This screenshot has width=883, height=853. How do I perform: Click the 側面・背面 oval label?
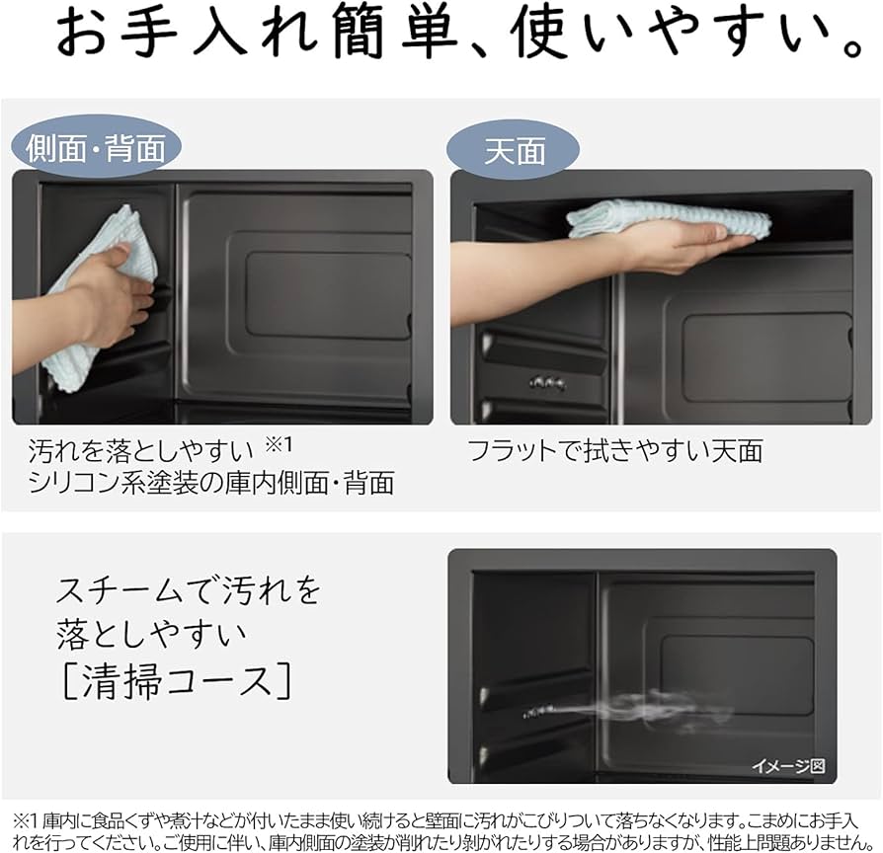point(96,148)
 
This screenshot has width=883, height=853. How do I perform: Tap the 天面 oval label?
point(514,150)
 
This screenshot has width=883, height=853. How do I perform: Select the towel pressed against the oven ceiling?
point(667,218)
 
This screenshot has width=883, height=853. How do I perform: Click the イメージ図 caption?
point(787,766)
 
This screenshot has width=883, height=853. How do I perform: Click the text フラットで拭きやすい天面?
point(615,451)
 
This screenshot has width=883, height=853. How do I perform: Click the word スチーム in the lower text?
point(119,590)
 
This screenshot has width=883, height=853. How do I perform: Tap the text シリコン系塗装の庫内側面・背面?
point(211,483)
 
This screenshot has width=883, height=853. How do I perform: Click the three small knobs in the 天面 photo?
point(547,382)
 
